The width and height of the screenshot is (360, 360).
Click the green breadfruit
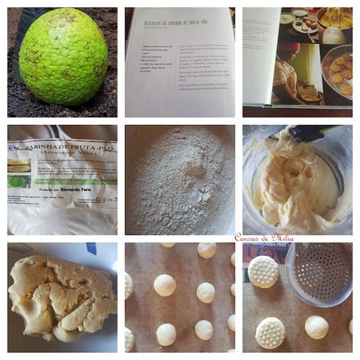click(63, 56)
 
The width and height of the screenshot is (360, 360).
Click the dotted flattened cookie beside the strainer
click(264, 272)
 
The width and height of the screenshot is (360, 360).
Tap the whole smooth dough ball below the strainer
click(316, 327)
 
